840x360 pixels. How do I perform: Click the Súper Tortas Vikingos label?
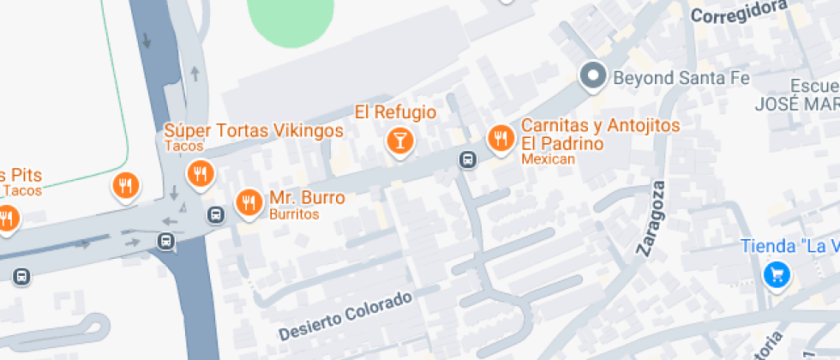(254, 131)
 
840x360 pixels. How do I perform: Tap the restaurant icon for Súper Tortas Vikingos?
(201, 174)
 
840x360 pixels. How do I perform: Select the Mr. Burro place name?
(307, 198)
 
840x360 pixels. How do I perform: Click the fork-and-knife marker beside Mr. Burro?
(249, 202)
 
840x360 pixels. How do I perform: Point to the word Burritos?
(294, 214)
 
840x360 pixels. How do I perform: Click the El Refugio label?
(396, 112)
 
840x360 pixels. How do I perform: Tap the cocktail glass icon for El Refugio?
(399, 140)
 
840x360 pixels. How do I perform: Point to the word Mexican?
(548, 159)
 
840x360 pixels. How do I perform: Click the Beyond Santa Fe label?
(681, 78)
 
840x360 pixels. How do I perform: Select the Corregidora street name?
(739, 11)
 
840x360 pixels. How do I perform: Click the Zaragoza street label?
(651, 219)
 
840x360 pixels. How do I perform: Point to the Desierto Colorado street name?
(345, 315)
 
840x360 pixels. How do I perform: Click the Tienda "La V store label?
(789, 247)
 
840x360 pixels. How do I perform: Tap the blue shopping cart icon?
(777, 275)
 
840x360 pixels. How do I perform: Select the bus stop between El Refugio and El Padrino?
(468, 159)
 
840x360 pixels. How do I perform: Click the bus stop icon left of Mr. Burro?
(217, 214)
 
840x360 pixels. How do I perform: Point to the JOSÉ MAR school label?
(796, 103)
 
